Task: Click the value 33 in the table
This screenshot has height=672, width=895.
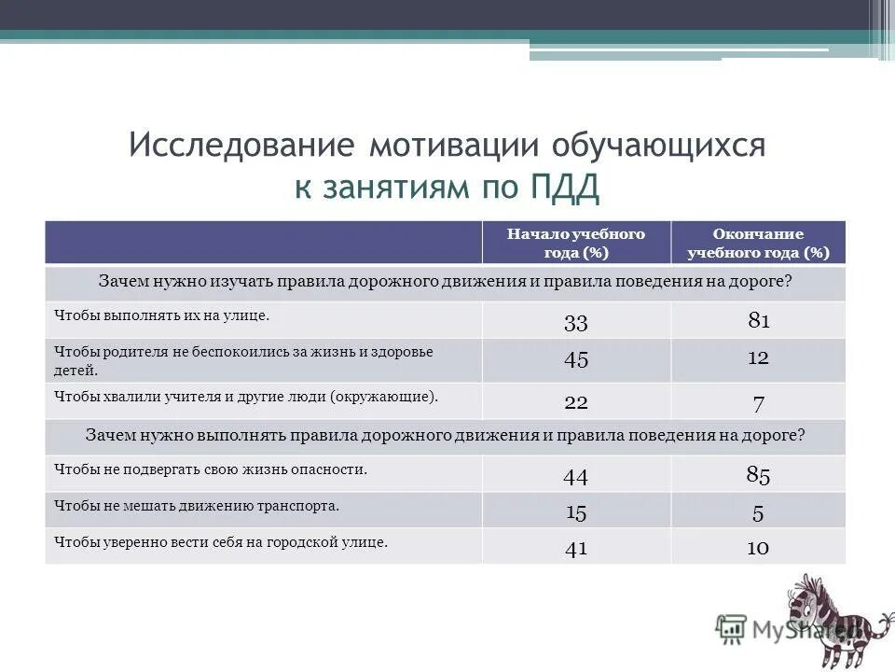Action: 575,323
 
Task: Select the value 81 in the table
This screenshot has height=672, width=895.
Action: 758,322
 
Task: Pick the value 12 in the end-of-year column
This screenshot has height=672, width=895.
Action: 758,358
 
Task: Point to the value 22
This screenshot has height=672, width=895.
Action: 575,401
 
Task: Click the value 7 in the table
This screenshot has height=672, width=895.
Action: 758,403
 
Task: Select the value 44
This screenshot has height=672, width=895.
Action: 575,477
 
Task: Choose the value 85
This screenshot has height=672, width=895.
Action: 758,475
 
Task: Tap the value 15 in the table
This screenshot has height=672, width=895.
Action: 575,512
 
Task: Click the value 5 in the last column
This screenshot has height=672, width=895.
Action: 758,512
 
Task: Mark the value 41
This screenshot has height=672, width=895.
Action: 575,549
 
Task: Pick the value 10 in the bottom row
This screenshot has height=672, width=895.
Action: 758,548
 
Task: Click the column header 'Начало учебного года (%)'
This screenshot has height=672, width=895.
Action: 575,243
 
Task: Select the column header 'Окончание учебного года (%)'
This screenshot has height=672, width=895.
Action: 758,243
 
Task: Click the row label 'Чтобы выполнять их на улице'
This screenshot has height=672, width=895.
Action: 161,316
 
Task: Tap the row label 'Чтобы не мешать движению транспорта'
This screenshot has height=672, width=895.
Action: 196,507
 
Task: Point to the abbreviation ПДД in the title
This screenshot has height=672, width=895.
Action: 566,188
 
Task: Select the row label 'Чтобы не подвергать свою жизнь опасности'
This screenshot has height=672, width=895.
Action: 211,470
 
